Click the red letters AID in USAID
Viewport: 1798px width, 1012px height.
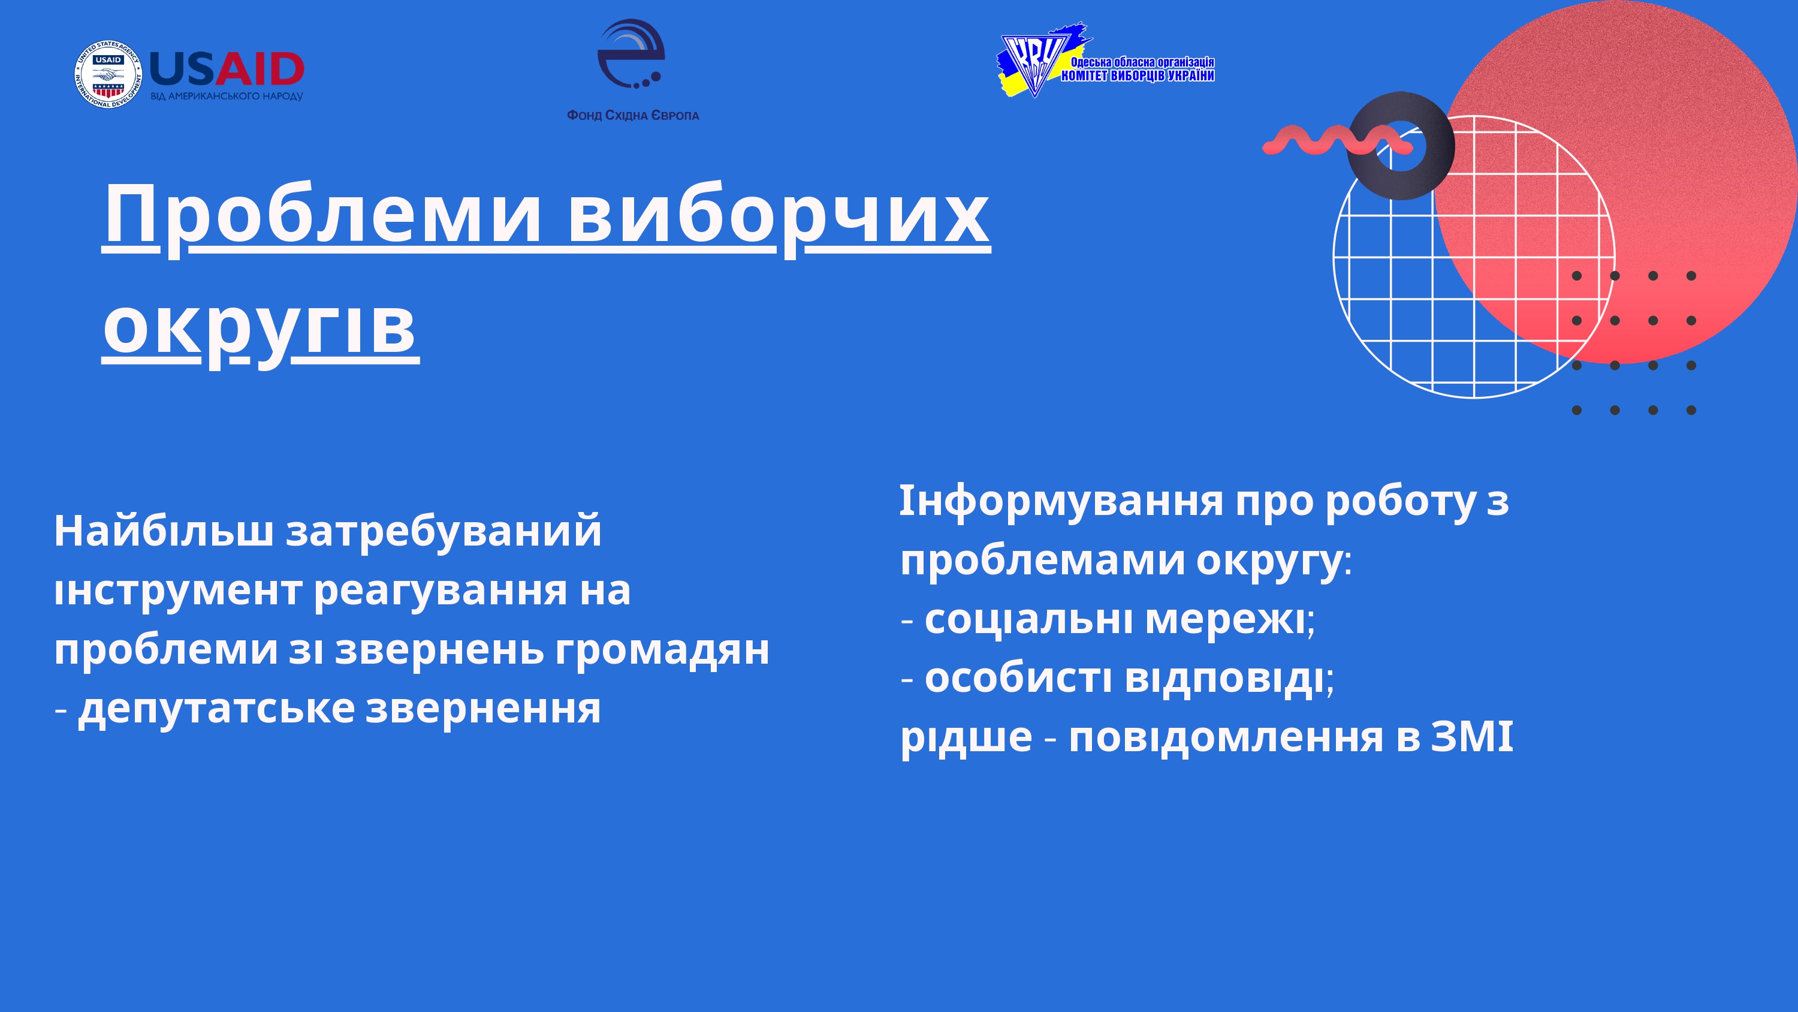coord(260,69)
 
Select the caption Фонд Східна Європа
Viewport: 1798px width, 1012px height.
coord(632,115)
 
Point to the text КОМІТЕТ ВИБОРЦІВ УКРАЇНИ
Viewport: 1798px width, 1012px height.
coord(1138,76)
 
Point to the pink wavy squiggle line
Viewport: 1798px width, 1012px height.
coord(1337,140)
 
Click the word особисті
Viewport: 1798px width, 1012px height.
coord(1018,678)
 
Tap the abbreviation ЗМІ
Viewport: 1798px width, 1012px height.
coord(1472,737)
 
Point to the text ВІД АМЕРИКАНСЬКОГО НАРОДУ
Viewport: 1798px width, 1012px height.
coord(227,97)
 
